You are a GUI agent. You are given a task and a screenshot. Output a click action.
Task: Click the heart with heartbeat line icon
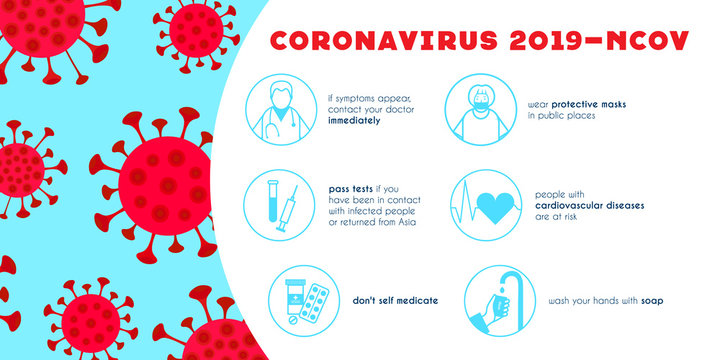pyautogui.click(x=483, y=206)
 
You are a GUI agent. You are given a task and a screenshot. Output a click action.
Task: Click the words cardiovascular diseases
pyautogui.click(x=586, y=204)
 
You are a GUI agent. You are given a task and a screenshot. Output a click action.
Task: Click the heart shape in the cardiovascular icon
pyautogui.click(x=493, y=206)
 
